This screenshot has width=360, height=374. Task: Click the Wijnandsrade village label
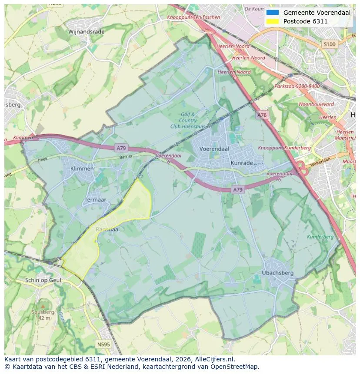tap(86, 32)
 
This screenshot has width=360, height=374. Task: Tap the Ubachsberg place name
tap(278, 273)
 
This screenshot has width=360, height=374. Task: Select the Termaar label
tap(95, 200)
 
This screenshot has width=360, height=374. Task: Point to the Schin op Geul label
tap(43, 280)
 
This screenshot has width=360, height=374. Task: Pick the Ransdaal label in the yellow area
tap(107, 229)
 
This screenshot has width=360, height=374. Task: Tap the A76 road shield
tap(262, 115)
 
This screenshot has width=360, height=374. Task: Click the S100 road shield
tap(330, 44)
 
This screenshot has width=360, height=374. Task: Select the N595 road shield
tap(103, 344)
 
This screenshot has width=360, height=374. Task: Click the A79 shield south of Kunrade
tap(237, 190)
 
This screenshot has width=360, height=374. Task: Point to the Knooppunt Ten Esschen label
tap(193, 17)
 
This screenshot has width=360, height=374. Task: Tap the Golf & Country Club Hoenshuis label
tap(188, 120)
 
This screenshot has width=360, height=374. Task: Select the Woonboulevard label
tap(316, 104)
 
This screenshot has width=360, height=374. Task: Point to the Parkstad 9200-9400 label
tap(297, 86)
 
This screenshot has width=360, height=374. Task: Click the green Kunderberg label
tap(320, 237)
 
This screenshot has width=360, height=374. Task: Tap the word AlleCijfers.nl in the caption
tap(213, 359)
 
